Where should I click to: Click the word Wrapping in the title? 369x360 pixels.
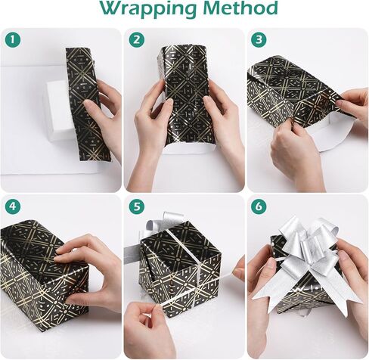coord(148,9)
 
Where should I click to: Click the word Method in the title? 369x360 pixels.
coord(240,8)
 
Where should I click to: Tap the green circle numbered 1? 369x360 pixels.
coord(13,40)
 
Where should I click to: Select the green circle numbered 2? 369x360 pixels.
coord(137,40)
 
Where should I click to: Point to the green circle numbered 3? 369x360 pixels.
coord(259,40)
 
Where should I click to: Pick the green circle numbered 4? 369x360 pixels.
coord(13,206)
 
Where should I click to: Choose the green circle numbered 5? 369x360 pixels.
coord(137,206)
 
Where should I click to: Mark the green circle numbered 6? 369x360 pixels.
coord(259,206)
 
